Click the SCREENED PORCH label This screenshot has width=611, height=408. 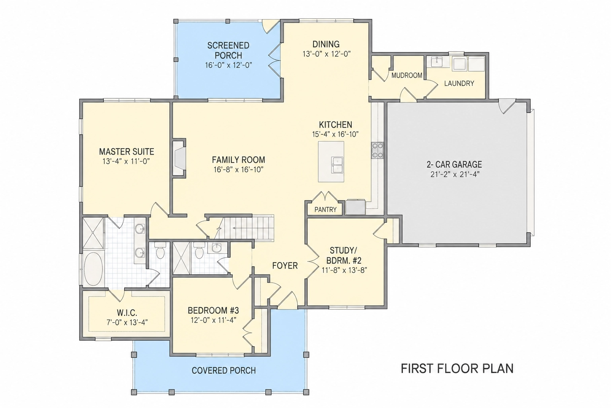click(x=228, y=50)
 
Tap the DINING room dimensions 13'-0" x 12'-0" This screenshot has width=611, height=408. click(x=326, y=54)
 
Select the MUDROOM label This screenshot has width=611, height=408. click(x=407, y=75)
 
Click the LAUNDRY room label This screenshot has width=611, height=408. click(x=459, y=83)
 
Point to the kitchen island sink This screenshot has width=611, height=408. click(x=337, y=165)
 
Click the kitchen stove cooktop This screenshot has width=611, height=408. click(x=377, y=150)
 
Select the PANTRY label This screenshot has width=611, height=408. click(x=325, y=210)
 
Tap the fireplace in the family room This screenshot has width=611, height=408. click(x=179, y=159)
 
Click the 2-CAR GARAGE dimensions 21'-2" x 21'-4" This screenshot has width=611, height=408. click(x=455, y=175)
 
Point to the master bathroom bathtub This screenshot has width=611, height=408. click(x=93, y=269)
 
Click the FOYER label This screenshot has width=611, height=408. click(x=285, y=265)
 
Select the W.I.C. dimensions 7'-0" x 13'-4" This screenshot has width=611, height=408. click(x=127, y=322)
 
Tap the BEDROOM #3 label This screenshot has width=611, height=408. click(x=213, y=310)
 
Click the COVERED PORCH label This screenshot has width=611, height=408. click(x=224, y=371)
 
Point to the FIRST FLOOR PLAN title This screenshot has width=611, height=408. click(x=457, y=369)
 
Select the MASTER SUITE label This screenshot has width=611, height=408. click(x=126, y=152)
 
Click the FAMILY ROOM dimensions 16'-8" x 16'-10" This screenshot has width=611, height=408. click(x=238, y=170)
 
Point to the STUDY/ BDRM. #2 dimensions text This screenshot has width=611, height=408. click(x=344, y=270)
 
